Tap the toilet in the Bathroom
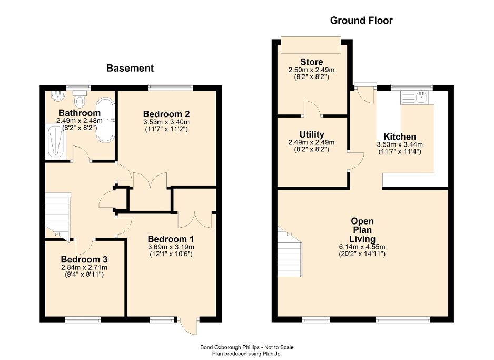point(80,100)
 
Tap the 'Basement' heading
point(130,68)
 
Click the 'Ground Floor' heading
point(361,21)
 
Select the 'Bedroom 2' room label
point(166,114)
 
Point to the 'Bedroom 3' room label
point(84,259)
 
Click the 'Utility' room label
point(312,134)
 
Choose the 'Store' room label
point(311,62)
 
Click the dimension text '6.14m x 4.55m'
point(362,247)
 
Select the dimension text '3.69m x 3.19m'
point(171,247)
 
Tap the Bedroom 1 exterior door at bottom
point(188,326)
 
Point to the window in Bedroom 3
point(83,319)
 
